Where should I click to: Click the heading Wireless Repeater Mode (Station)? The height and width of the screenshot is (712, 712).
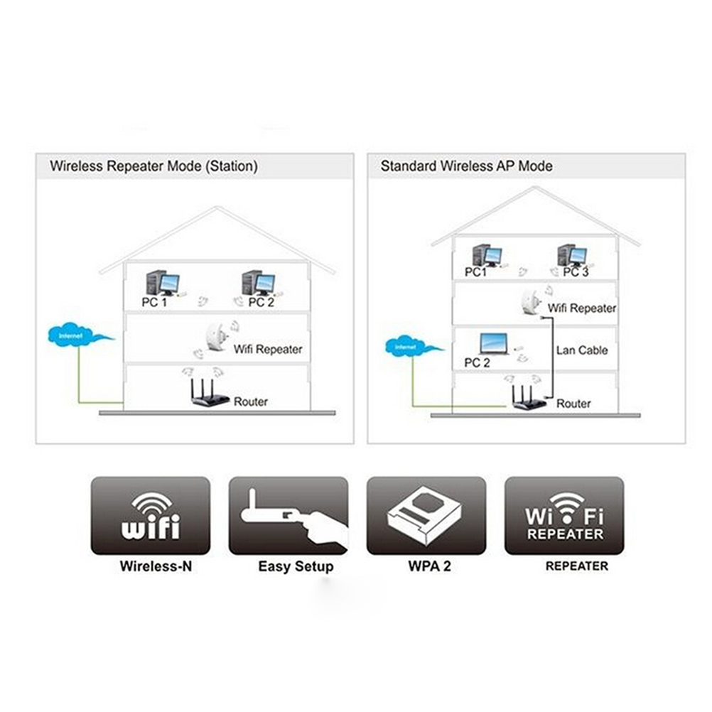tap(153, 166)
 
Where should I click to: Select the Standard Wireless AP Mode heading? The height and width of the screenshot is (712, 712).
tap(466, 166)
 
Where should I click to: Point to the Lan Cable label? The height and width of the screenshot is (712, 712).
tap(582, 350)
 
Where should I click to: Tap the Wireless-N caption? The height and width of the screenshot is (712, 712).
tap(156, 566)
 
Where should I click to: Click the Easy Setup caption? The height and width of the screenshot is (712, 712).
tap(295, 566)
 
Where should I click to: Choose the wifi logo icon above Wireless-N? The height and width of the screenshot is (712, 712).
tap(151, 516)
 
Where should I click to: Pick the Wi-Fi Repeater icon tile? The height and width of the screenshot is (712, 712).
tap(564, 516)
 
